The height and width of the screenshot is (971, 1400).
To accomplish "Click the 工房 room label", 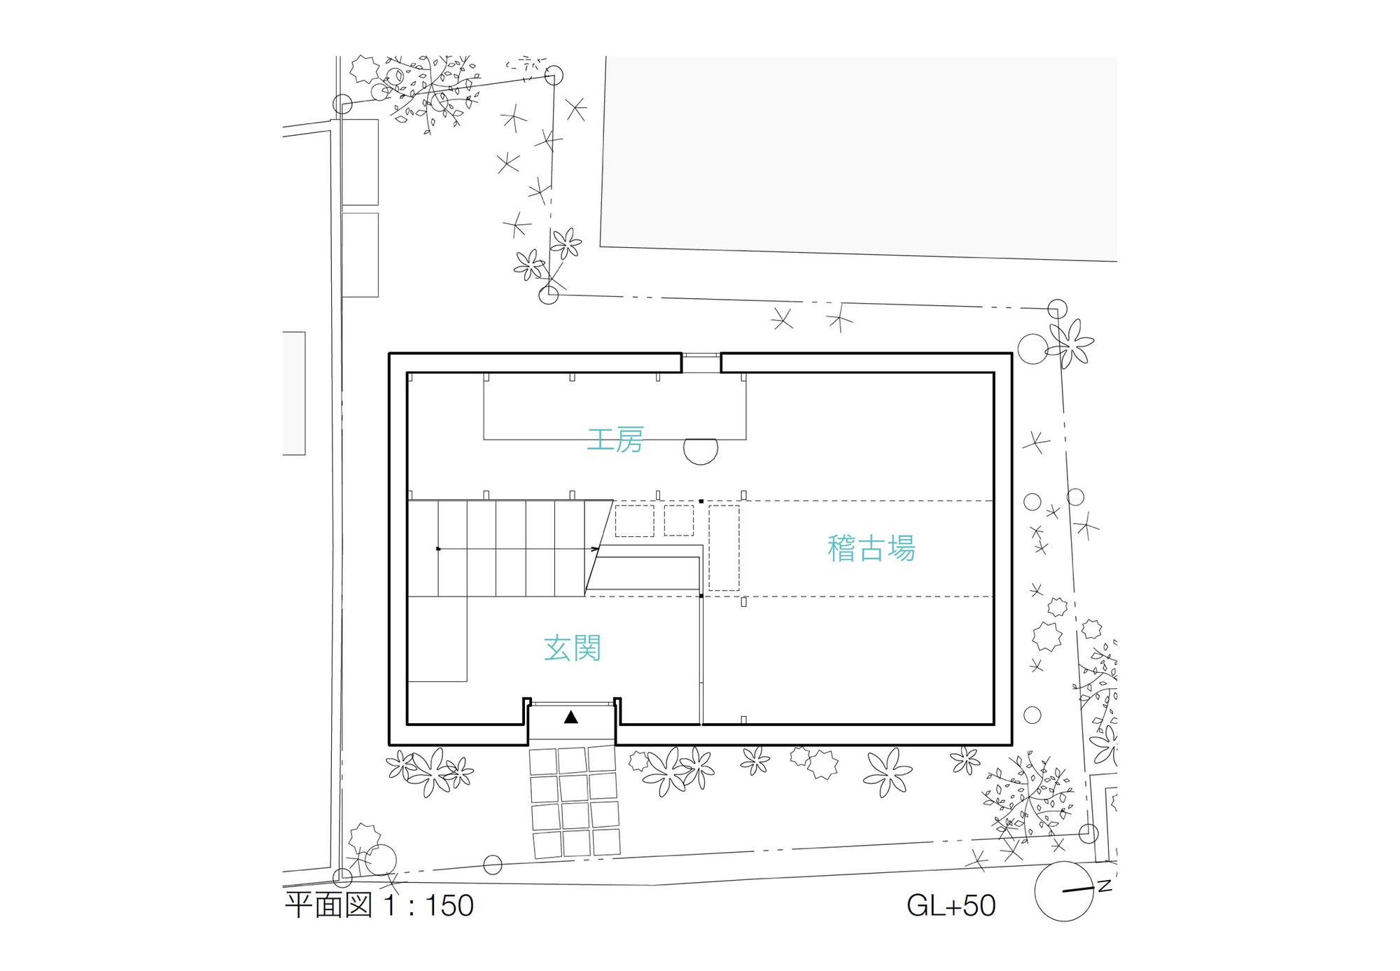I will coord(615,440).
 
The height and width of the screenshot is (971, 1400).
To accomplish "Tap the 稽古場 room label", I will coord(871,549).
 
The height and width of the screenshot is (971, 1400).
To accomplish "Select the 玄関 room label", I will coord(573,649).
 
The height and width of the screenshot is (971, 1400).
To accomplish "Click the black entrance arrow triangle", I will coord(571,717).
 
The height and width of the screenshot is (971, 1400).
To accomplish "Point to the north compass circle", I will coord(1063,891).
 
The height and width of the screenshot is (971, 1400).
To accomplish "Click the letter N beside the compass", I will coord(1105,886).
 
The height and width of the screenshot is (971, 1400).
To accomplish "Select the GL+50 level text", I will coord(951,906).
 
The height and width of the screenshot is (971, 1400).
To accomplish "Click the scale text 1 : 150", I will coord(428,906).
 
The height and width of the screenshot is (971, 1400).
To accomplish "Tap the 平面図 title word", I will coord(328,906).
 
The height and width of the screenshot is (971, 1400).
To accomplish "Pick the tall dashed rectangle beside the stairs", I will coord(724,547).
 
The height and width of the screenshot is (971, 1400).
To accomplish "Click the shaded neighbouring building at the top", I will coord(857,154).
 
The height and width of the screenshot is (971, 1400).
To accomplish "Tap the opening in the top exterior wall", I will coord(701,363).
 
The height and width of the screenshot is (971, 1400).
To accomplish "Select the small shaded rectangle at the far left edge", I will coord(294,393).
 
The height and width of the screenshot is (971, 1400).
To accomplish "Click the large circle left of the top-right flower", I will coord(1032,349).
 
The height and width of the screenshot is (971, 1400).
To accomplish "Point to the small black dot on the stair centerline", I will coord(438,549).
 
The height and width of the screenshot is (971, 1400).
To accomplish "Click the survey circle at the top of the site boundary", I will coord(554,76).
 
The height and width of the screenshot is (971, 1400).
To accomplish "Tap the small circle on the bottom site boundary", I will coord(493,865).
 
